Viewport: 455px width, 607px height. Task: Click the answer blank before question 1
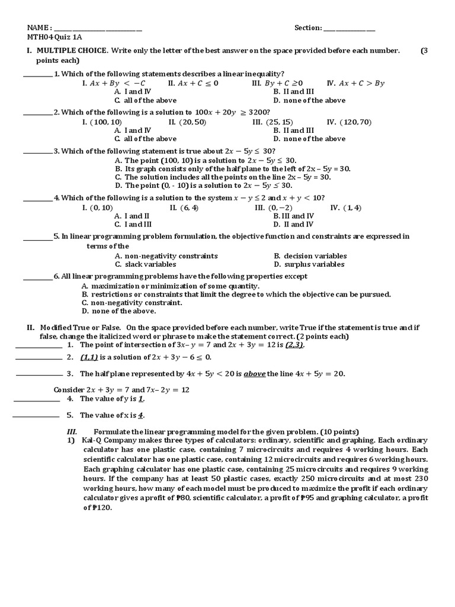tap(37, 75)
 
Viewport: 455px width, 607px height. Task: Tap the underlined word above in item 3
tap(253, 374)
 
